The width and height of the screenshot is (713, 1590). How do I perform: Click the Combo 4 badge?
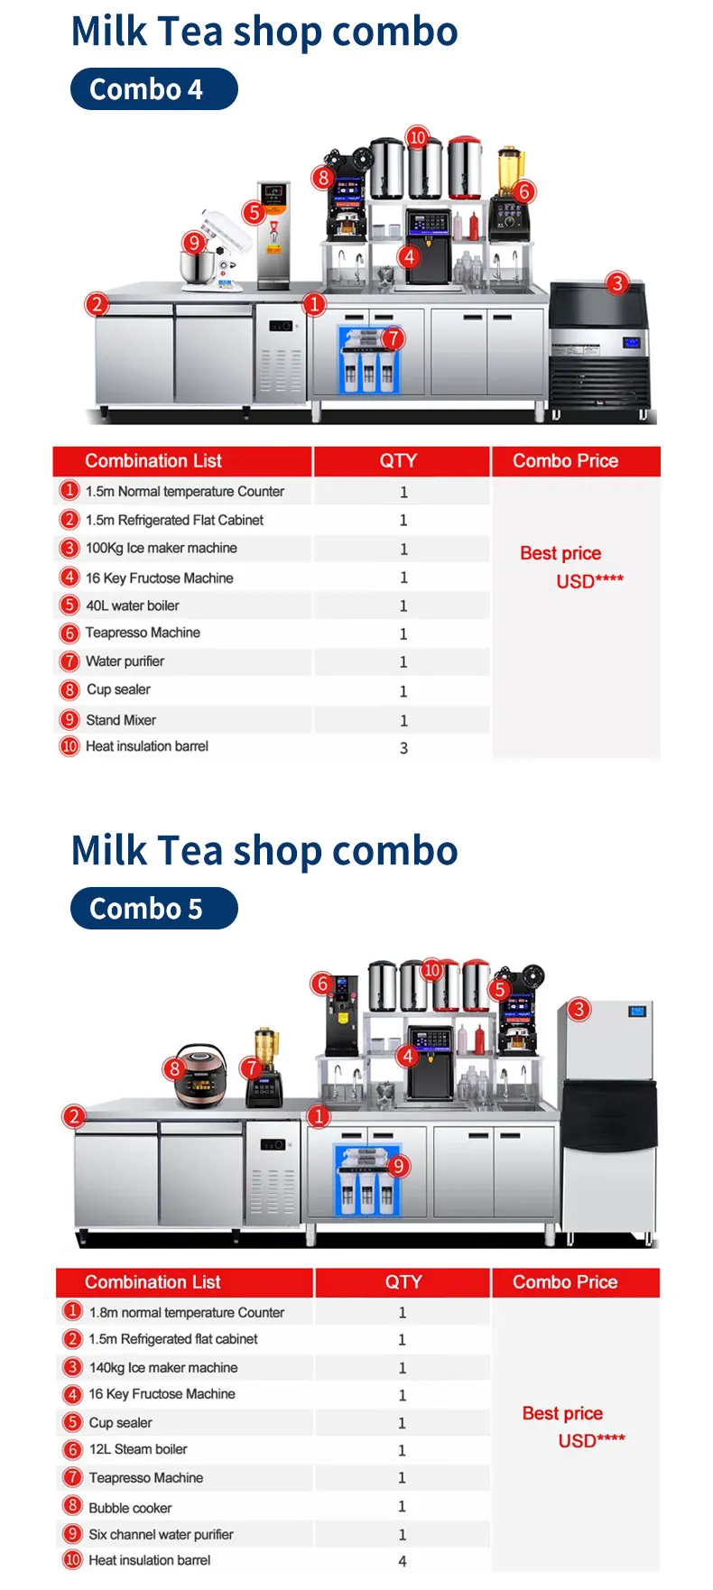pyautogui.click(x=153, y=89)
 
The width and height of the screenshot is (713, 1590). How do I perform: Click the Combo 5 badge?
pyautogui.click(x=153, y=909)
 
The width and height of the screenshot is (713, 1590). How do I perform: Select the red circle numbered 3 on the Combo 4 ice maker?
pyautogui.click(x=617, y=283)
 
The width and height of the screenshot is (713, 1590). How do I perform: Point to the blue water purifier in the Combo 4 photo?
pyautogui.click(x=368, y=361)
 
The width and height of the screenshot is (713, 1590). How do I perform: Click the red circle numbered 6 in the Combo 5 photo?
pyautogui.click(x=322, y=984)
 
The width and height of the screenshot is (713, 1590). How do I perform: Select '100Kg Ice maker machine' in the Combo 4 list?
pyautogui.click(x=161, y=549)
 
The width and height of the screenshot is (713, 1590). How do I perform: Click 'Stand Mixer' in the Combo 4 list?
pyautogui.click(x=121, y=720)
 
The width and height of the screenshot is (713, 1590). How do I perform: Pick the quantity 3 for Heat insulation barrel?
pyautogui.click(x=403, y=748)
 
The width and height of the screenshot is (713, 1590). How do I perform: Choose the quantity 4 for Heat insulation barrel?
pyautogui.click(x=403, y=1561)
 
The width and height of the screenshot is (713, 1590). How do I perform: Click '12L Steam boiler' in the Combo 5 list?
pyautogui.click(x=138, y=1449)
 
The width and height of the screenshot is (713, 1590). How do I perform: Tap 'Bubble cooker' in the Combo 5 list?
pyautogui.click(x=130, y=1508)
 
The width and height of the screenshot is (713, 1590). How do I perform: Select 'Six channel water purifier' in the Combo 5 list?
pyautogui.click(x=161, y=1534)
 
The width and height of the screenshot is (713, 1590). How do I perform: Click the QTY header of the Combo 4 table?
pyautogui.click(x=398, y=461)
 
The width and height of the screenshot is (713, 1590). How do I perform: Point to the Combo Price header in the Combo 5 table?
pyautogui.click(x=565, y=1282)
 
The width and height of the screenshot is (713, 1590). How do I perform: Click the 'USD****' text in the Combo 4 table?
pyautogui.click(x=589, y=581)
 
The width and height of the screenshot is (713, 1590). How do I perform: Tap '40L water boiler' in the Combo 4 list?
pyautogui.click(x=132, y=605)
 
